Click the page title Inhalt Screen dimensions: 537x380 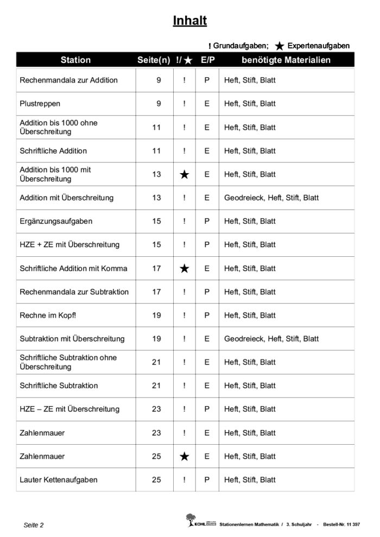189,21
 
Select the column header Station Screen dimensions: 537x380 75,60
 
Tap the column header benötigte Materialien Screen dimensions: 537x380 286,60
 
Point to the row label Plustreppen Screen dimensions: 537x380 40,104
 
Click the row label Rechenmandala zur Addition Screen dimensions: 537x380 68,80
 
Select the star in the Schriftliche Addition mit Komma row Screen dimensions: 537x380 185,268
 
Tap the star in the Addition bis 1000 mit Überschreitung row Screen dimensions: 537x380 185,174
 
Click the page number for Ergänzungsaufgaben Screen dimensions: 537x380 156,222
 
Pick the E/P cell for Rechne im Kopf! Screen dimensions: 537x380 207,315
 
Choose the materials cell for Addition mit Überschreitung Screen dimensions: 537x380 271,198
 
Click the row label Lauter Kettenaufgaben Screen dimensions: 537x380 59,480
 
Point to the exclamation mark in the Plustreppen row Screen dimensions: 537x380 185,104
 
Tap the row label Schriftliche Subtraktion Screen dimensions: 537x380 59,386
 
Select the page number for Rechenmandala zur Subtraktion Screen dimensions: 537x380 156,292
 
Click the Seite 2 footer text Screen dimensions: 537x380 34,525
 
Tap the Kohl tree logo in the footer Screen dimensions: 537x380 191,520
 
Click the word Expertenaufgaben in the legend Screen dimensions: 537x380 318,46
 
